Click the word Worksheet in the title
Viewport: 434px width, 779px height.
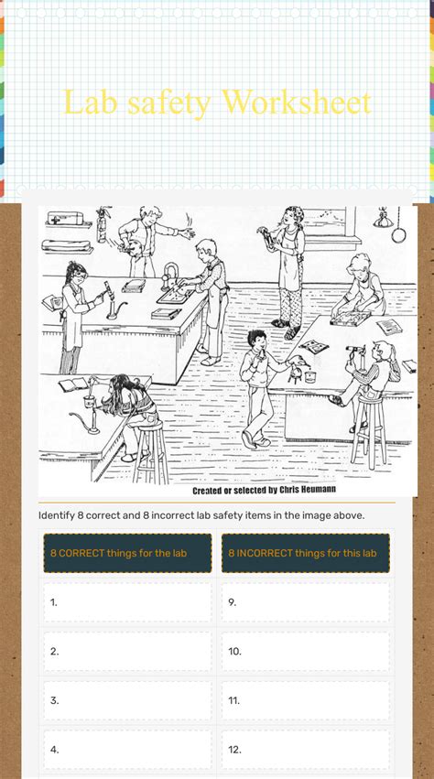(x=297, y=103)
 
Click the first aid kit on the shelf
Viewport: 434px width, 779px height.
(x=65, y=218)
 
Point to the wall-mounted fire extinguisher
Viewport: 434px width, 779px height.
(x=102, y=224)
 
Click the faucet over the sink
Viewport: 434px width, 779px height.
(x=169, y=275)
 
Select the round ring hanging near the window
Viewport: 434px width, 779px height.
(x=398, y=233)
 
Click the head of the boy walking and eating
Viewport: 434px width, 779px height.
(x=257, y=341)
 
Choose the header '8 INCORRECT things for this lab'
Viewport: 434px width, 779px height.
(x=305, y=553)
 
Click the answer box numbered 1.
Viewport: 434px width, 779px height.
(x=128, y=602)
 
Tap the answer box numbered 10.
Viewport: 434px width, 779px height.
(x=305, y=652)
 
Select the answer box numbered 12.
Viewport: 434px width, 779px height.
(x=305, y=750)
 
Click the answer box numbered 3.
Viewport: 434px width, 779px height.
(x=128, y=700)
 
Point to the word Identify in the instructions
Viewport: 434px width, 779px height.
(x=56, y=515)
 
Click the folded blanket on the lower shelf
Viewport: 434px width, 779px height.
(x=66, y=245)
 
